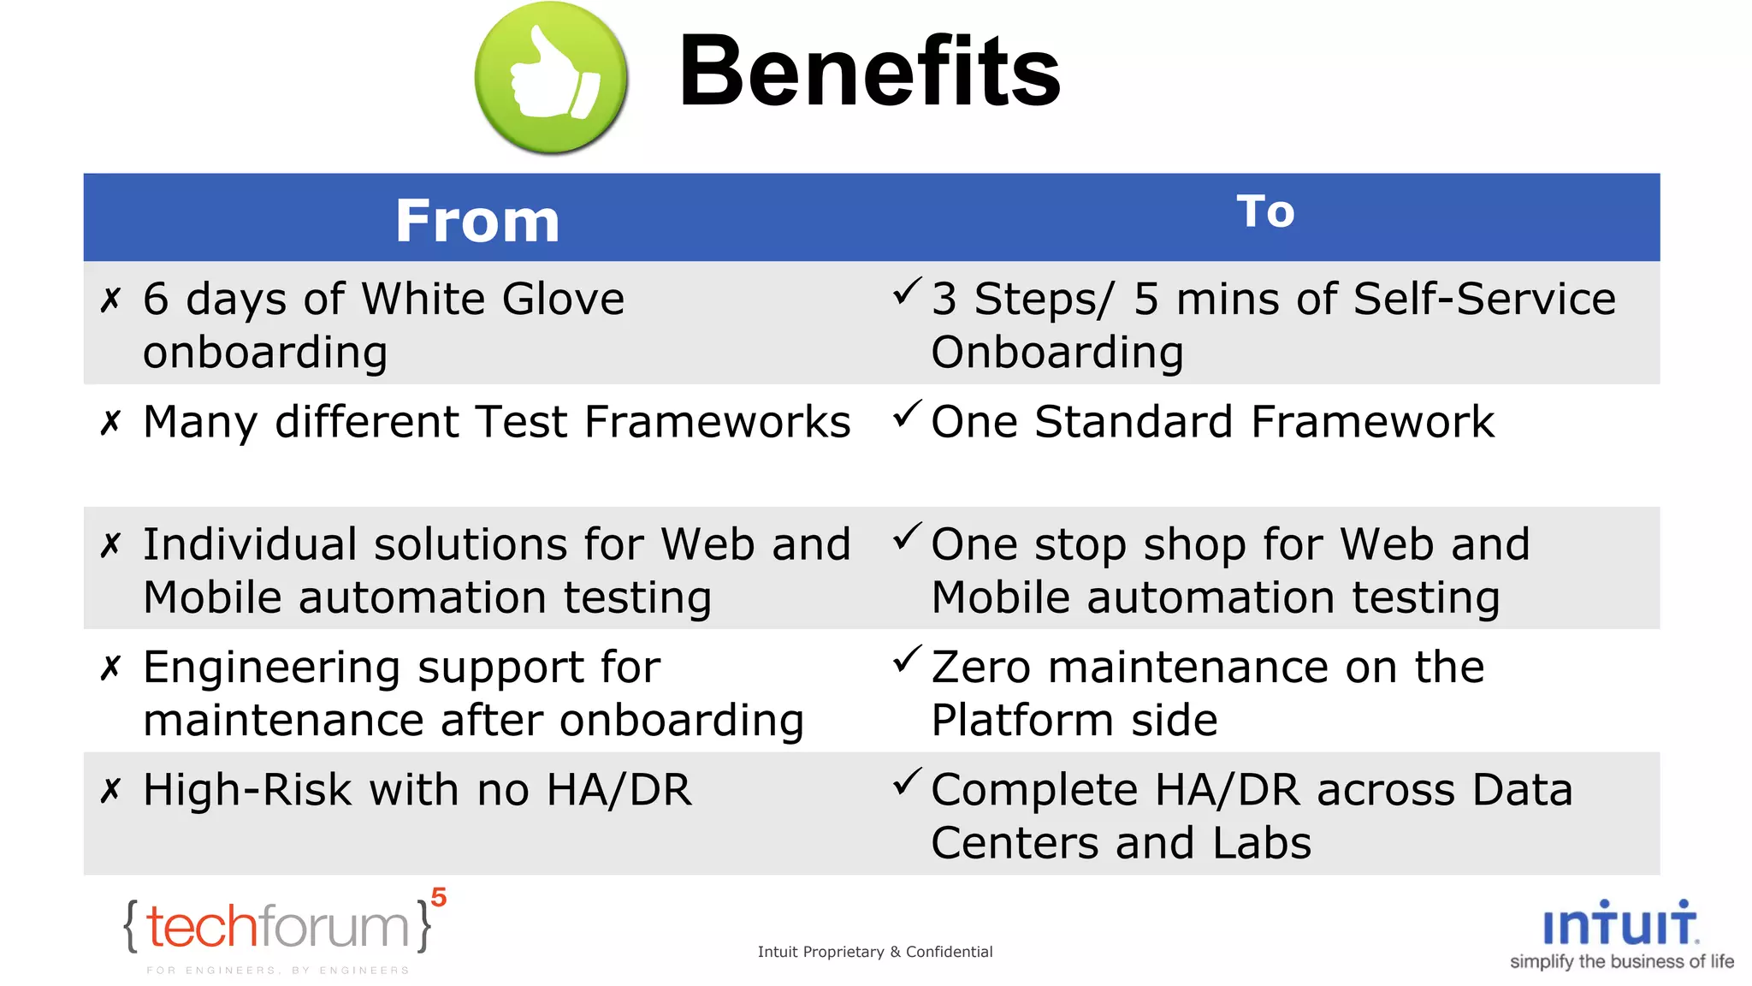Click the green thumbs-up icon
551,77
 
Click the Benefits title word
869,72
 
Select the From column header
477,221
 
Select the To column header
1265,211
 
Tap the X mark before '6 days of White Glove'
110,300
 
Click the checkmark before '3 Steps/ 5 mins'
907,292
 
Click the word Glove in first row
563,300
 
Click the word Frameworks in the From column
718,423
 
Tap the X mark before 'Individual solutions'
110,545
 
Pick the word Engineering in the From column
271,668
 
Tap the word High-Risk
246,790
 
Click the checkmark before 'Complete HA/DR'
907,781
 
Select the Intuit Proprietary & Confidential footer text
874,952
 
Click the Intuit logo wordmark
1619,924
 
